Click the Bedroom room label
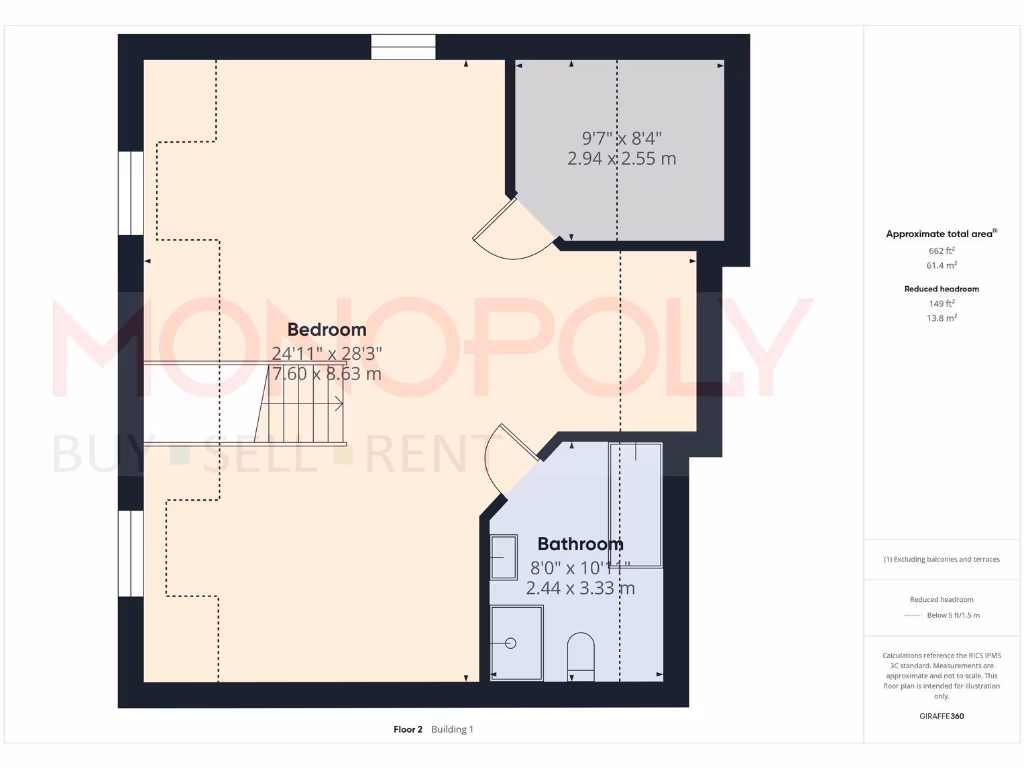326,329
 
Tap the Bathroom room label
580,544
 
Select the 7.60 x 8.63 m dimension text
326,374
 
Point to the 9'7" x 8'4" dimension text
622,138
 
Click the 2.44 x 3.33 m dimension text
580,588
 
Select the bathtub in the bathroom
636,505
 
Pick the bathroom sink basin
503,557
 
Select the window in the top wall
403,47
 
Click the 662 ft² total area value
940,251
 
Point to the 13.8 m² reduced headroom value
940,317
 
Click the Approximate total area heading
940,233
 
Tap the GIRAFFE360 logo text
940,716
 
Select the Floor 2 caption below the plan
409,729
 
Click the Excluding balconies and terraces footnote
941,559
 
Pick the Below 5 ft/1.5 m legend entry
953,615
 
